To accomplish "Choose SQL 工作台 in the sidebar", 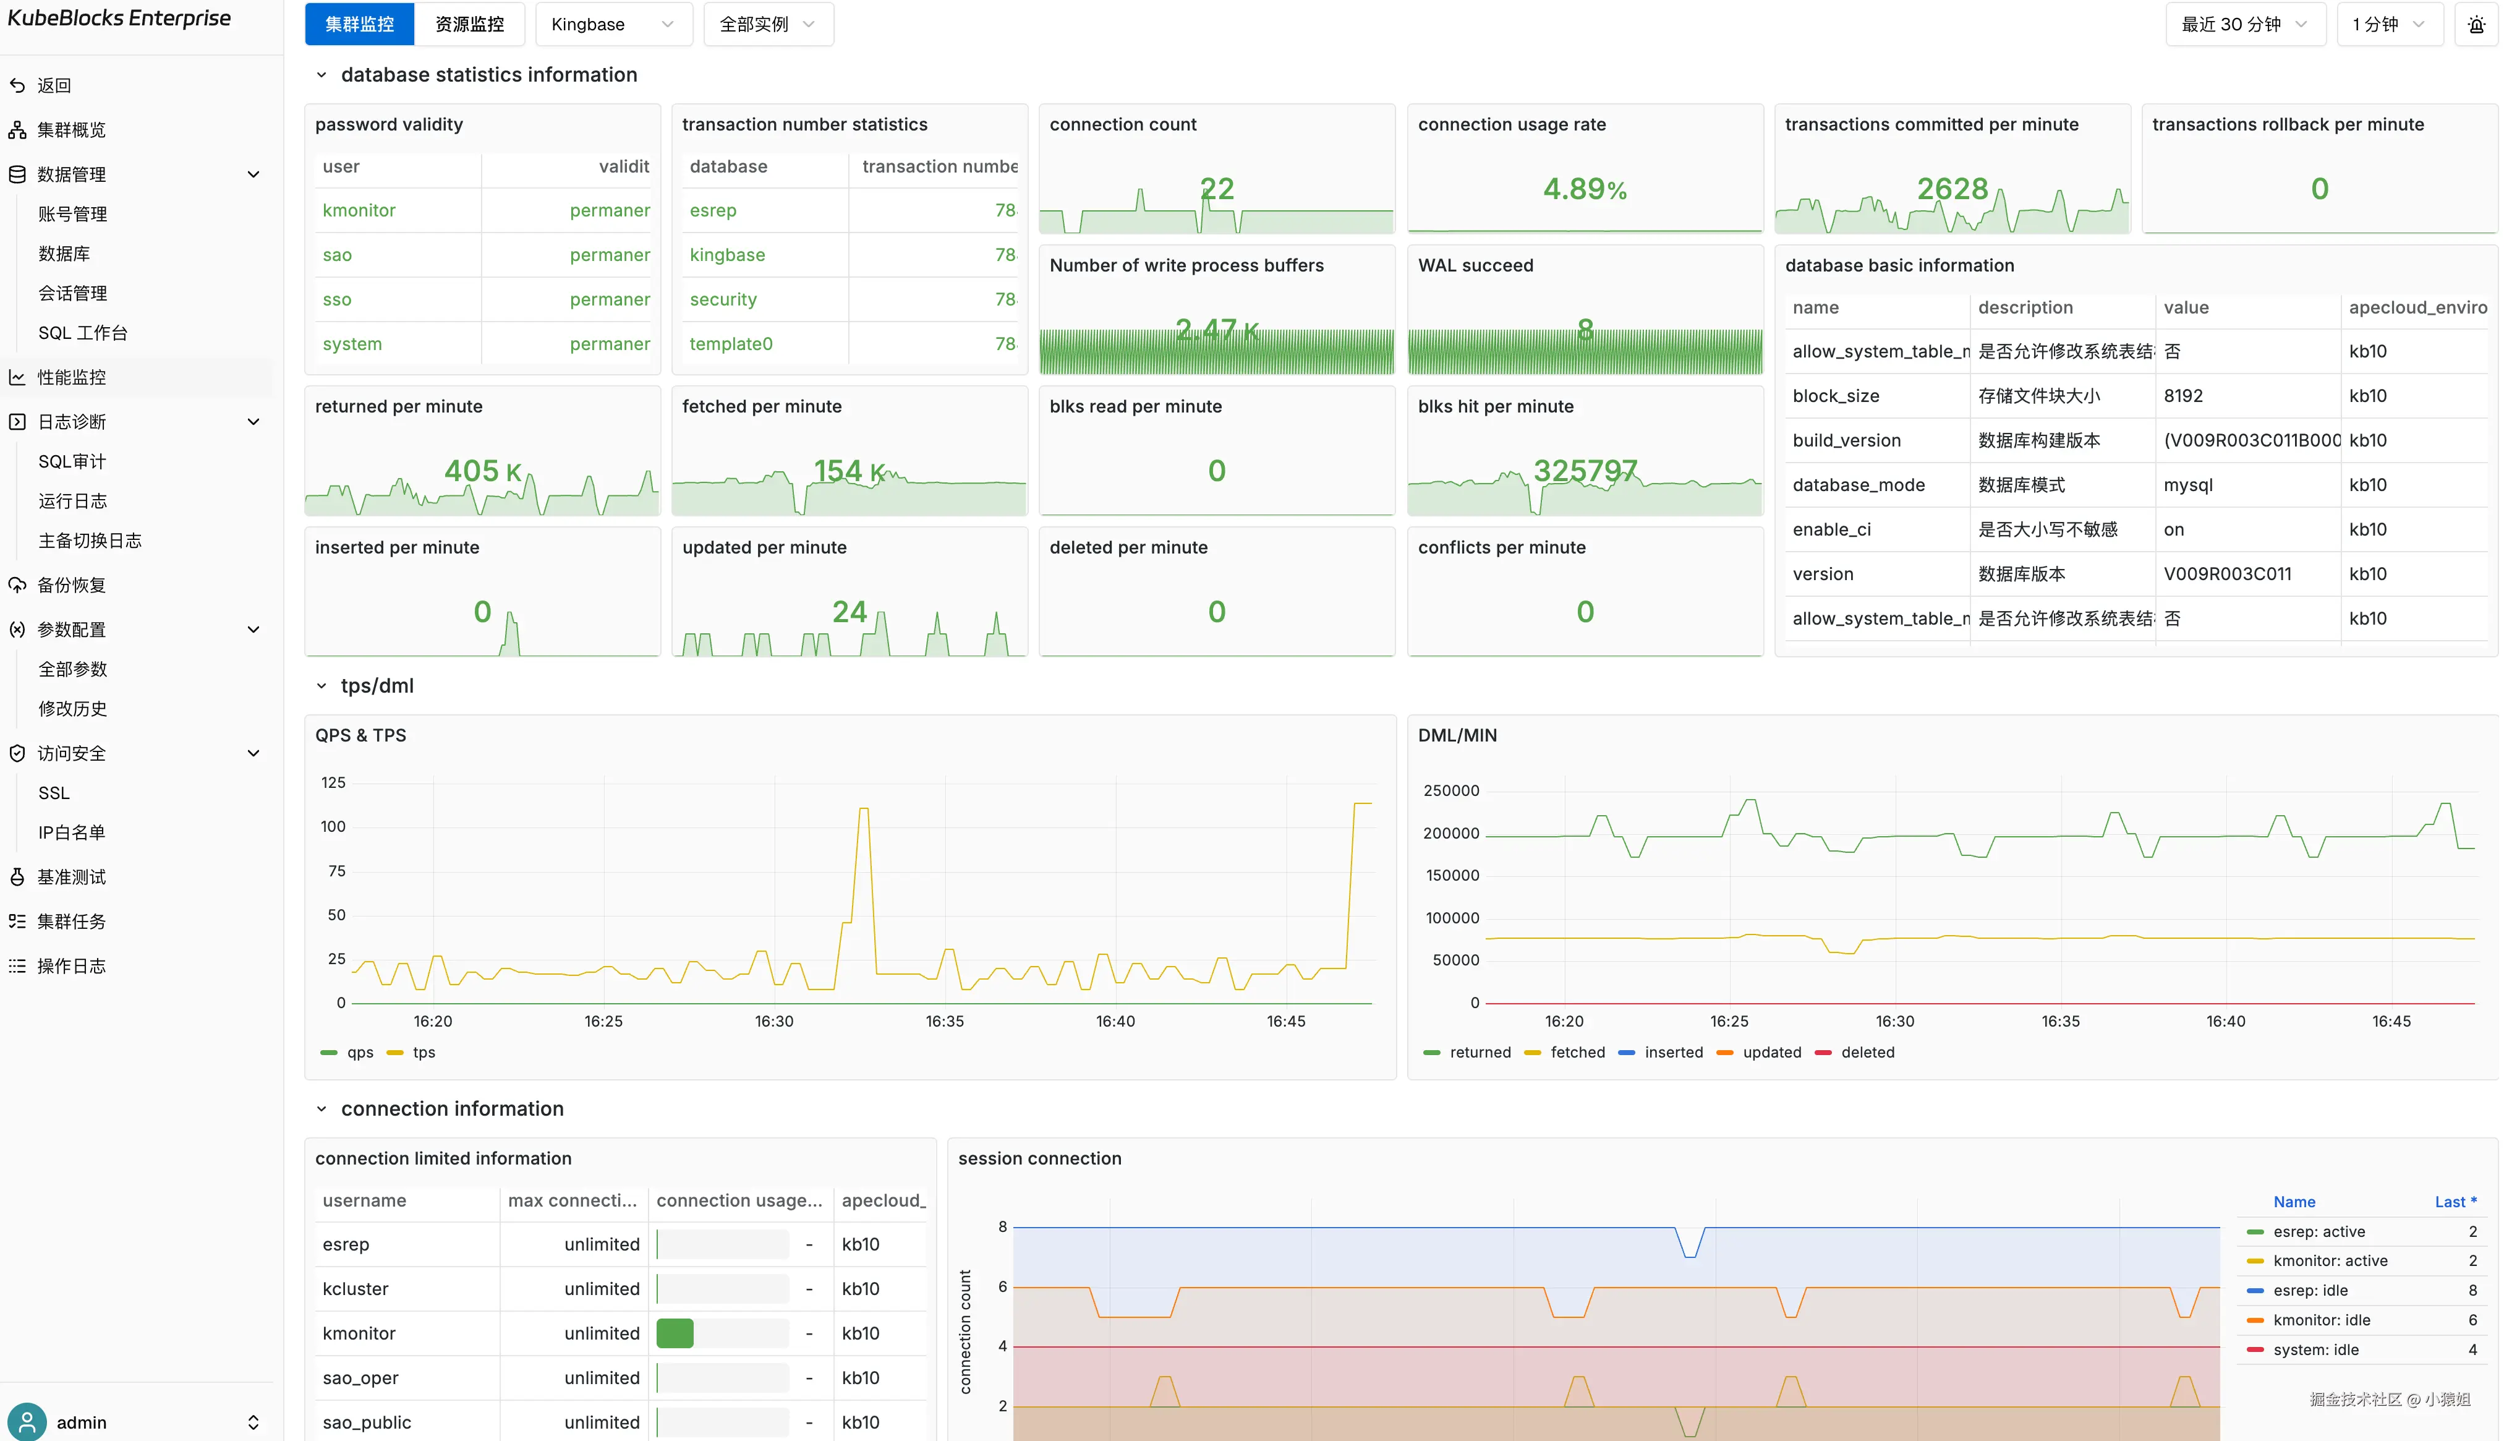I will click(83, 333).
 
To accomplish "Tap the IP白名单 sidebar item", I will click(71, 832).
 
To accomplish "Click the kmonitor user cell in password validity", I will click(359, 210).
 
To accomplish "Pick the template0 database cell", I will click(731, 343).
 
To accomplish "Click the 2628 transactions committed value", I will click(1951, 188).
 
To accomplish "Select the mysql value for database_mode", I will click(2187, 485).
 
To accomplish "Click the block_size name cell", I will click(1835, 396).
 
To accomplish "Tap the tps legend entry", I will click(424, 1052).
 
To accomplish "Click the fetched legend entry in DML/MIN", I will click(1577, 1052).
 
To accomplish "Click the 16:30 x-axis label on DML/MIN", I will click(1894, 1020).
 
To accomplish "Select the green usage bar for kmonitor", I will click(675, 1333).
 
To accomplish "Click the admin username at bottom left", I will click(81, 1422).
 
